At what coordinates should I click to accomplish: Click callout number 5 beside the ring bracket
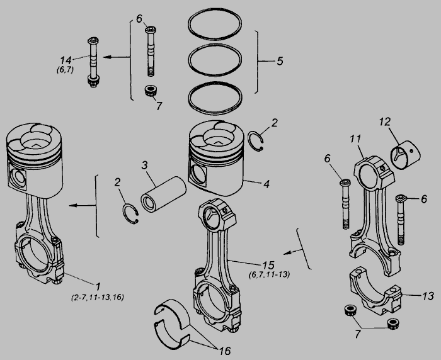(x=280, y=61)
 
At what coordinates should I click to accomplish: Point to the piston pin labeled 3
(x=163, y=194)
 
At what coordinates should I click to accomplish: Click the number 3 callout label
(x=144, y=166)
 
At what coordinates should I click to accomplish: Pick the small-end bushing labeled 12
(x=406, y=157)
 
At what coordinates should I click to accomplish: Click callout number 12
(x=385, y=121)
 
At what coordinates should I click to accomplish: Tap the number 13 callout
(x=428, y=296)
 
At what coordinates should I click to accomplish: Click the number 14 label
(x=66, y=60)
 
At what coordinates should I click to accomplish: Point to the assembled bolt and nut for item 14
(x=93, y=62)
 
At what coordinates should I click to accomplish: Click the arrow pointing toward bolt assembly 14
(x=117, y=57)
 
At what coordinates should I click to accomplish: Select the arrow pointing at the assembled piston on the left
(x=83, y=205)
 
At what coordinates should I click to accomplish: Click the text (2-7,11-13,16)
(x=98, y=297)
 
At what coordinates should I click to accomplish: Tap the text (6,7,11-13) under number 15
(x=269, y=274)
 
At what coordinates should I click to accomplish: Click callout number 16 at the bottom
(x=225, y=351)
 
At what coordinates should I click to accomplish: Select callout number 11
(x=355, y=138)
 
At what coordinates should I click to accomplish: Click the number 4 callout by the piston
(x=266, y=184)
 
